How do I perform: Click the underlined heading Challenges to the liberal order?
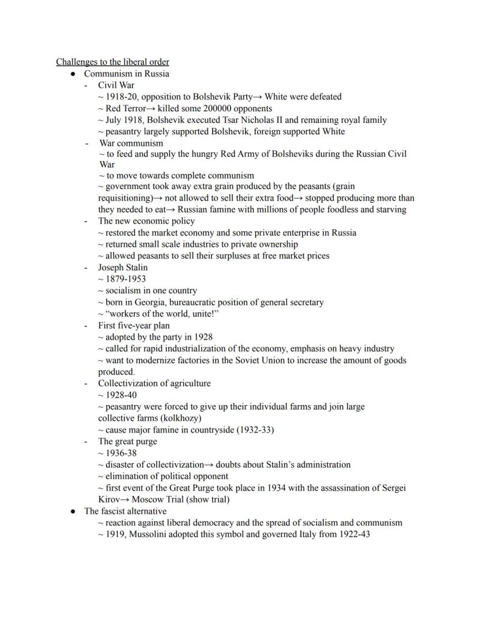[112, 62]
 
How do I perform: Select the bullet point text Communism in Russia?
[126, 74]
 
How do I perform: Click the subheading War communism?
[131, 143]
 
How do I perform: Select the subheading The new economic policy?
[146, 221]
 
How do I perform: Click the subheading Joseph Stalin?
[123, 267]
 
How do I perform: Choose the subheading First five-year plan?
[134, 325]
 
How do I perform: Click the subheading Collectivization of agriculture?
[154, 383]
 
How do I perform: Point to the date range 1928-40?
[122, 395]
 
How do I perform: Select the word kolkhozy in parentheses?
[183, 418]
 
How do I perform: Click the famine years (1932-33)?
[255, 430]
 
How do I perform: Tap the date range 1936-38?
[122, 453]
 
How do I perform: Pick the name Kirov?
[109, 499]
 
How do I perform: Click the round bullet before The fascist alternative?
[73, 512]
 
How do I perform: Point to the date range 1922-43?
[353, 534]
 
